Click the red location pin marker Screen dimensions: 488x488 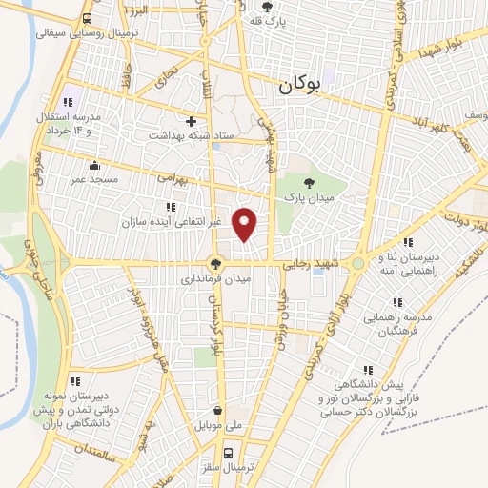(246, 223)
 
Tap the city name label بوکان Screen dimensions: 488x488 (299, 86)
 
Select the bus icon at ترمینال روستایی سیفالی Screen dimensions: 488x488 (88, 18)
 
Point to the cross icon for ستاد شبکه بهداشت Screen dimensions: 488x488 (192, 121)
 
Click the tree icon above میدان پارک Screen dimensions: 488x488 (307, 182)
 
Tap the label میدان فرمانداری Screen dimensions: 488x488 (216, 280)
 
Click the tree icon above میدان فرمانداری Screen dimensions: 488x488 (216, 264)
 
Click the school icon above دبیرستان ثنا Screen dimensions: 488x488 (409, 243)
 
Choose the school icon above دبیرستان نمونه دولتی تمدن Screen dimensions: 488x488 (74, 381)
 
